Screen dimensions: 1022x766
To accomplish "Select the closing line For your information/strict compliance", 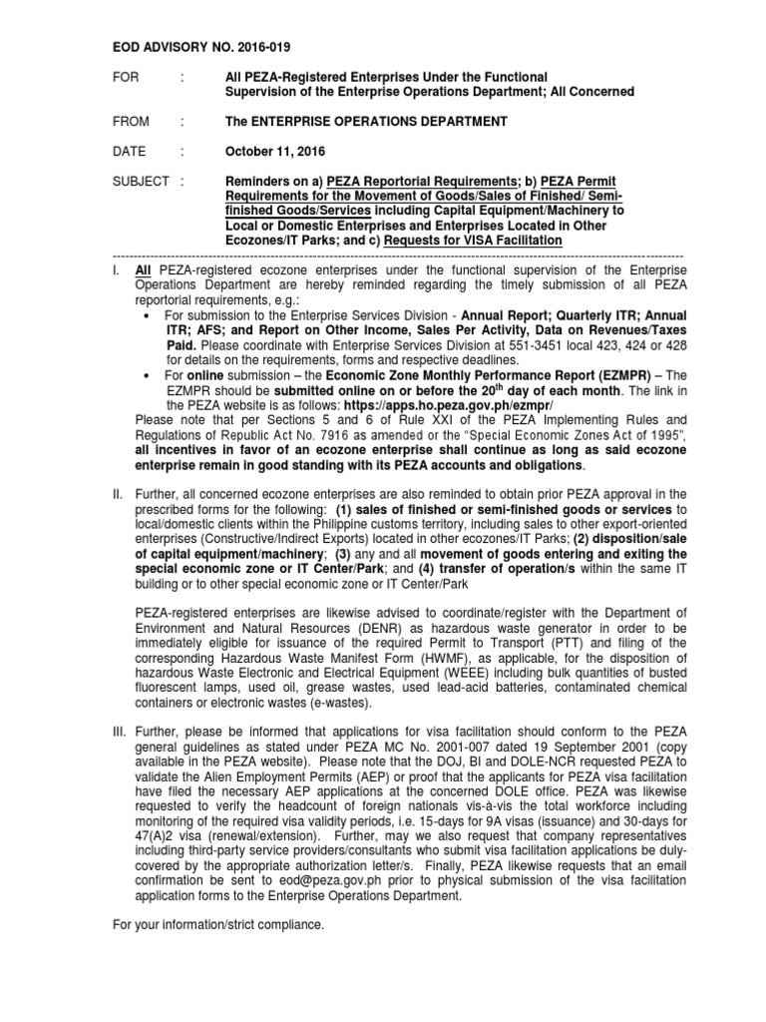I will (217, 925).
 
